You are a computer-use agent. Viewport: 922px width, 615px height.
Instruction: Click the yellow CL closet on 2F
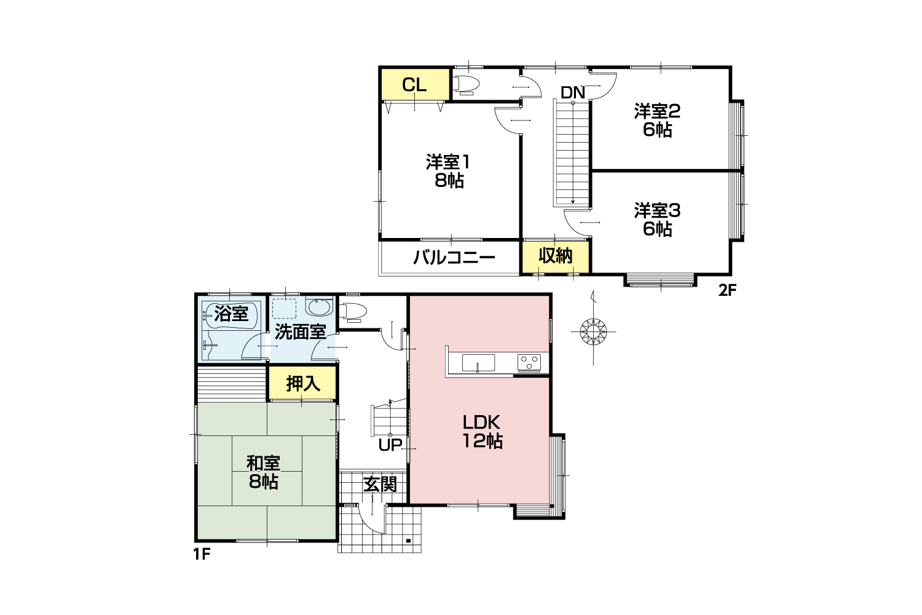pos(415,84)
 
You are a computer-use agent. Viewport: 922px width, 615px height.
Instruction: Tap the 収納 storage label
pos(555,256)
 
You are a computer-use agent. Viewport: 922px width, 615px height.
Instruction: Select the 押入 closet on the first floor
pos(302,383)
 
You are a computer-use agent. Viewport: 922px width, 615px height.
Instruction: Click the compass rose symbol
pos(593,331)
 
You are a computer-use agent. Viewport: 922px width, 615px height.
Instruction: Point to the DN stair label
pos(572,93)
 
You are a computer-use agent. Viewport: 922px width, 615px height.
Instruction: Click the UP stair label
pos(390,445)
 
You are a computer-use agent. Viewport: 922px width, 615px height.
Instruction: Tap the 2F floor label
pos(727,291)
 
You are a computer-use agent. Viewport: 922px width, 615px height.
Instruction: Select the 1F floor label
pos(202,555)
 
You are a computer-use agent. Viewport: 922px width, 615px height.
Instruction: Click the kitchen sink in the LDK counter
pos(478,363)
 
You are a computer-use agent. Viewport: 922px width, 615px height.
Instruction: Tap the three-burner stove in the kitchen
pos(529,362)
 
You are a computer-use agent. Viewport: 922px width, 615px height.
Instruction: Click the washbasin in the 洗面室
pos(318,307)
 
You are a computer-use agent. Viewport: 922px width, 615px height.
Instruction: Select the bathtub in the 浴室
pos(231,315)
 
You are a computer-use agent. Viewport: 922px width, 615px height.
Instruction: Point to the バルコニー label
pos(454,258)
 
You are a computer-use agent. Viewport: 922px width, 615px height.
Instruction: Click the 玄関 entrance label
pos(380,484)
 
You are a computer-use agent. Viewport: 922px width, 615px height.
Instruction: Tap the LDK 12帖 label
pos(482,432)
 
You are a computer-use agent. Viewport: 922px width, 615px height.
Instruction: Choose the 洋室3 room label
pos(657,210)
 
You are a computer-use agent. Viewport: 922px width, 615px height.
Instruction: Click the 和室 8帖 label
pos(264,472)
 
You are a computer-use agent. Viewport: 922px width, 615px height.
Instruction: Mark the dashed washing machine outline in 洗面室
pos(285,308)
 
